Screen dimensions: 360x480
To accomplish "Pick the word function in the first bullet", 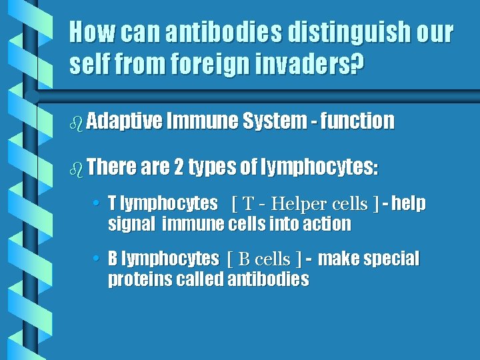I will point(357,121).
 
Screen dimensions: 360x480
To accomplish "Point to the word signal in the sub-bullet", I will point(131,225).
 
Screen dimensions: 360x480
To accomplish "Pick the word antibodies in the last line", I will point(268,279).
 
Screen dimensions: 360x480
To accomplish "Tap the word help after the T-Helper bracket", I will point(409,203).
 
